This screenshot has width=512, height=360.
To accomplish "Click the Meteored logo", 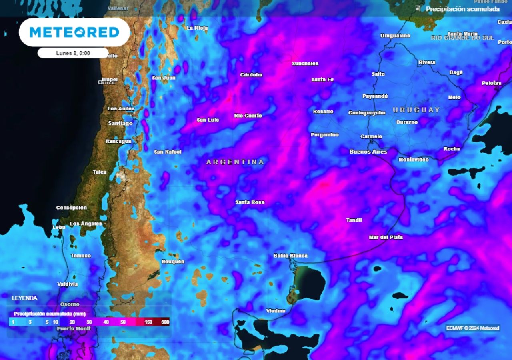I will (x=74, y=32).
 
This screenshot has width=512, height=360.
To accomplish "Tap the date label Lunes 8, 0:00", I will (x=73, y=53).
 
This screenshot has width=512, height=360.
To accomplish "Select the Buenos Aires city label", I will (x=368, y=152).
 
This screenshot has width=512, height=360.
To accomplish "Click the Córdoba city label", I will (x=251, y=75).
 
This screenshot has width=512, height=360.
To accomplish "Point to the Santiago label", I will (x=120, y=123).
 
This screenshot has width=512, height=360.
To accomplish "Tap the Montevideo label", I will (x=413, y=160).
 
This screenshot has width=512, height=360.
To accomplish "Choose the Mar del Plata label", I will (x=386, y=237).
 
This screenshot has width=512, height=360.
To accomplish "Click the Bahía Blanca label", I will (x=290, y=256).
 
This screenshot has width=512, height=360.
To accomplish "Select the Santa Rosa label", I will (x=250, y=202).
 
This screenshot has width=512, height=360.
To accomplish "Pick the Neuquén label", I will (x=173, y=262).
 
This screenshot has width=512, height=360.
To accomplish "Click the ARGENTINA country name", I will (x=235, y=162).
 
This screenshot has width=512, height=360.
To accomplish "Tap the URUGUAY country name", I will (x=416, y=110).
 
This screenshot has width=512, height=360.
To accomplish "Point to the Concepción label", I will (x=71, y=208).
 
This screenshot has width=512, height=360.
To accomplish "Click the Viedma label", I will (x=276, y=311).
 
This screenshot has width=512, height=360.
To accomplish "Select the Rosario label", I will (x=323, y=112).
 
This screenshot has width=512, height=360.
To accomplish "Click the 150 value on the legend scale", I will (x=148, y=322).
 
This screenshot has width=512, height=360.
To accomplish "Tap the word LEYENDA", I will (x=24, y=298).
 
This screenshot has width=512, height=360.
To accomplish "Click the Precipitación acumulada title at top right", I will (x=462, y=9).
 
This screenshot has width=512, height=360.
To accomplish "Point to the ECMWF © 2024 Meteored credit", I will (x=473, y=328).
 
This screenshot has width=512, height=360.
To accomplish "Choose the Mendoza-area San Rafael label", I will (x=168, y=152).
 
